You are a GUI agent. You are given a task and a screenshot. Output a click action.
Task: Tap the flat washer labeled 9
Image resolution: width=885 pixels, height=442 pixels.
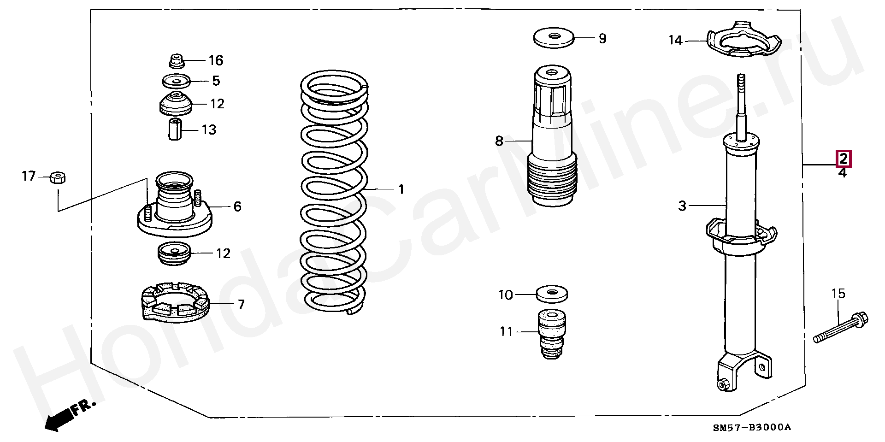[554, 37]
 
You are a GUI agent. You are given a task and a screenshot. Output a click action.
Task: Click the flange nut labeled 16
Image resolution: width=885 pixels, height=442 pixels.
[176, 60]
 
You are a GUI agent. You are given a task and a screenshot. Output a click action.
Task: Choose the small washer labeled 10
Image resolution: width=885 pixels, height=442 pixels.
[552, 293]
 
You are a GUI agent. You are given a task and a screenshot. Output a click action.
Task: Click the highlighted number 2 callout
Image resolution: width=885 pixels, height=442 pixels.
[843, 159]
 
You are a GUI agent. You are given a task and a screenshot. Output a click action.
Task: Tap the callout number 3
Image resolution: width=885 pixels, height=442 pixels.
[682, 206]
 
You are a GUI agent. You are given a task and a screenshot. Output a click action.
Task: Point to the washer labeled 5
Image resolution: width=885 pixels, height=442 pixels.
[176, 81]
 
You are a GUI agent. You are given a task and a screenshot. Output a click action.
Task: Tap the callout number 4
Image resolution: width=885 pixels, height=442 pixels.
[843, 173]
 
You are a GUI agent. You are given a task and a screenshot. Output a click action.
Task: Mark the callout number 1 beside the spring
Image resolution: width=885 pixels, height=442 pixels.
[401, 189]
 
